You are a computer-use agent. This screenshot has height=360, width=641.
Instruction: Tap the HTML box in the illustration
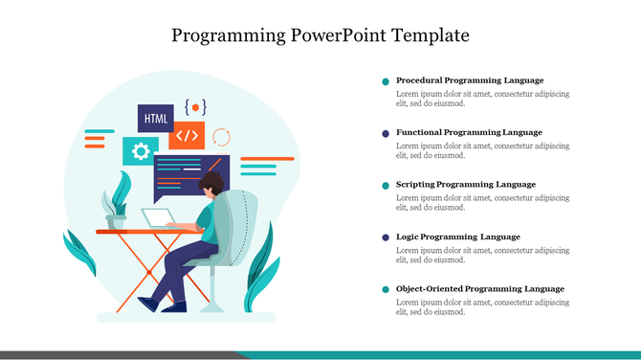tap(155, 119)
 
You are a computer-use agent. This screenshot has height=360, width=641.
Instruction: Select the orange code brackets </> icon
tap(188, 135)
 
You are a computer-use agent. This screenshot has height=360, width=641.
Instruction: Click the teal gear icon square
tap(141, 150)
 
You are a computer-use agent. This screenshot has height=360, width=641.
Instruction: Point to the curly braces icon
tap(195, 106)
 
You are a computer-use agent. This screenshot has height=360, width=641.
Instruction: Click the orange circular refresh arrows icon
tap(221, 136)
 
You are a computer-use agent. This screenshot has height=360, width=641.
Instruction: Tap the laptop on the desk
tap(159, 218)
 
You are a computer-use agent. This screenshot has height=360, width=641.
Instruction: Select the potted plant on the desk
tap(116, 203)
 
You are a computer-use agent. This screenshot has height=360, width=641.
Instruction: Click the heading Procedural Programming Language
tap(469, 80)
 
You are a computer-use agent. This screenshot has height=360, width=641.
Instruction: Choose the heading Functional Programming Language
tap(469, 132)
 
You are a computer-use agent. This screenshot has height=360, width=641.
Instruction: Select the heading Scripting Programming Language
tap(465, 184)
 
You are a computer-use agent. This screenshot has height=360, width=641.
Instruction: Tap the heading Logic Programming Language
tap(457, 236)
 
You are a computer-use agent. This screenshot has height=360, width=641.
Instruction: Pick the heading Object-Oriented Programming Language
tap(479, 288)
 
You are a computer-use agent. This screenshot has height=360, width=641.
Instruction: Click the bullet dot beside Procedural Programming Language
tap(386, 81)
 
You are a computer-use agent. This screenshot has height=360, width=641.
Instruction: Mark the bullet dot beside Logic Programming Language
tap(386, 237)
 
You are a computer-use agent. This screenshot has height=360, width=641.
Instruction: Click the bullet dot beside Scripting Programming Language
tap(386, 185)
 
